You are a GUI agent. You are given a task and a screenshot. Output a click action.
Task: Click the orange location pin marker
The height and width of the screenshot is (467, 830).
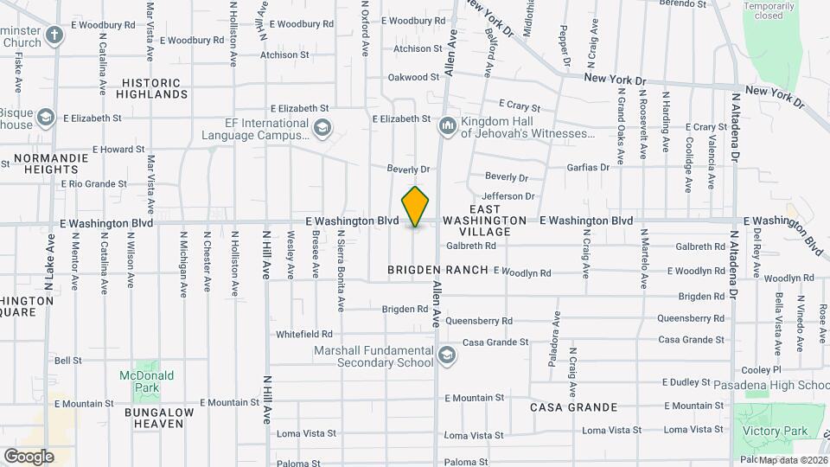point(415,207)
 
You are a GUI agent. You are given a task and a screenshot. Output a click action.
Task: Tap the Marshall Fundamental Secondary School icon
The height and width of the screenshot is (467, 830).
point(447,355)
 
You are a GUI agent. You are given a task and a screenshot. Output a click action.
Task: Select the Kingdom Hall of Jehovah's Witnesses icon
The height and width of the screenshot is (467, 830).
point(447,127)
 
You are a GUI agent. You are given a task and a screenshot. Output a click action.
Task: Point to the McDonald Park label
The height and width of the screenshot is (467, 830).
point(146,381)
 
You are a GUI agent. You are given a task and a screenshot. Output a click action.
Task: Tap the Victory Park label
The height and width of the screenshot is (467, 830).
point(783,431)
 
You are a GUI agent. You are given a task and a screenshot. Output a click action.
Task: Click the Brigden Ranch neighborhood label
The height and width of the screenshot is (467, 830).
point(438,271)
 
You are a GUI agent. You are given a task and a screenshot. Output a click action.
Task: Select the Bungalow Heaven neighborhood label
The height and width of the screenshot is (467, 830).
point(153,418)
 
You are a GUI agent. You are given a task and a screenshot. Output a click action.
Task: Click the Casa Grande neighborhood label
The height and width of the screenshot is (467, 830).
point(573,407)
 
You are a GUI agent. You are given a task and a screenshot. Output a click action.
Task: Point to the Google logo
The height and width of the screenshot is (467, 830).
point(29,456)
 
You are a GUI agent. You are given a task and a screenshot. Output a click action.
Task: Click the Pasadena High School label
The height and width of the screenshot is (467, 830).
point(771,385)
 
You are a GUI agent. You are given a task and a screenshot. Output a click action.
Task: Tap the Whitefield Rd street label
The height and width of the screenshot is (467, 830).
point(303,334)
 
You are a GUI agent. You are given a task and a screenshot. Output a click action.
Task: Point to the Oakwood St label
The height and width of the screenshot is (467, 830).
point(408,77)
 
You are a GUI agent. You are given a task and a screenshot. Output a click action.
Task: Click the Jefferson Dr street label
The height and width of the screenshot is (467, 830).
point(503,196)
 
